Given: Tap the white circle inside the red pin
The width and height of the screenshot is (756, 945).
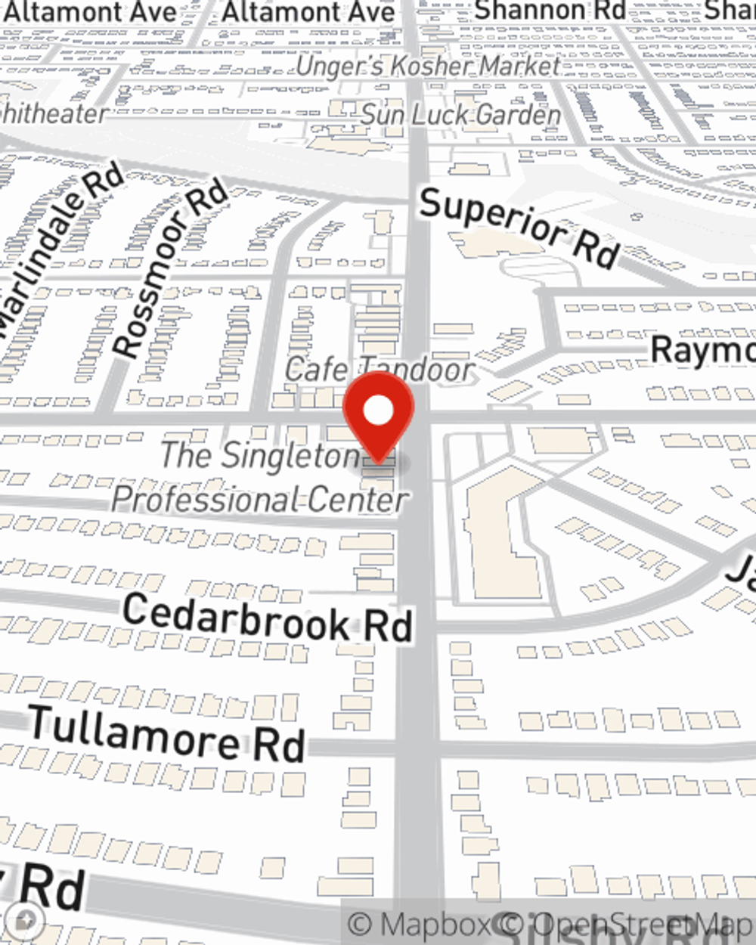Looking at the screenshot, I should pyautogui.click(x=379, y=411).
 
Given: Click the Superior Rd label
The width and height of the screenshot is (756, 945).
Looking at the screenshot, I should pyautogui.click(x=519, y=227).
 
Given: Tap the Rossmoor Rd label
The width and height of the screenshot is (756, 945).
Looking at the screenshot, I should pyautogui.click(x=169, y=268).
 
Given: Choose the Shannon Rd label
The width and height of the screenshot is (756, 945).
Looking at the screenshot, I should pyautogui.click(x=550, y=10).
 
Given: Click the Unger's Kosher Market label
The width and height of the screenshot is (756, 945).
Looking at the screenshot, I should pyautogui.click(x=428, y=67).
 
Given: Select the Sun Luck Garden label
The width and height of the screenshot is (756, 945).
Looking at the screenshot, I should pyautogui.click(x=461, y=115).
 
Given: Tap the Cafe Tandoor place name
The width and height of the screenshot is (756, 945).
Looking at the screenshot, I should pyautogui.click(x=380, y=370).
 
